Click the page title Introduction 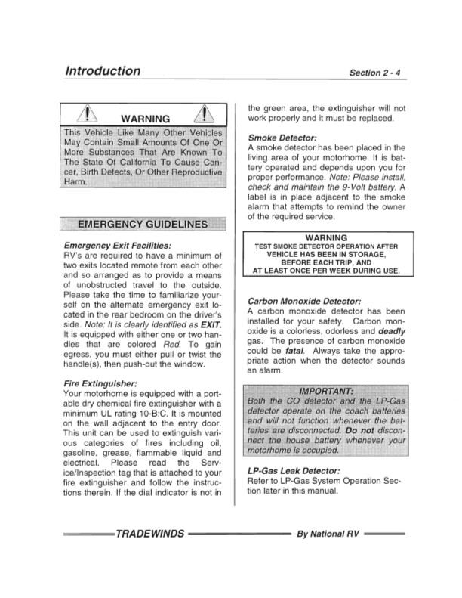coord(103,71)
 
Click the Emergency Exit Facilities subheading coord(118,246)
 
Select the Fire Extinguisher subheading coord(100,384)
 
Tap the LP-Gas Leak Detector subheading coord(294,470)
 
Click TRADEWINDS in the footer coord(149,534)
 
